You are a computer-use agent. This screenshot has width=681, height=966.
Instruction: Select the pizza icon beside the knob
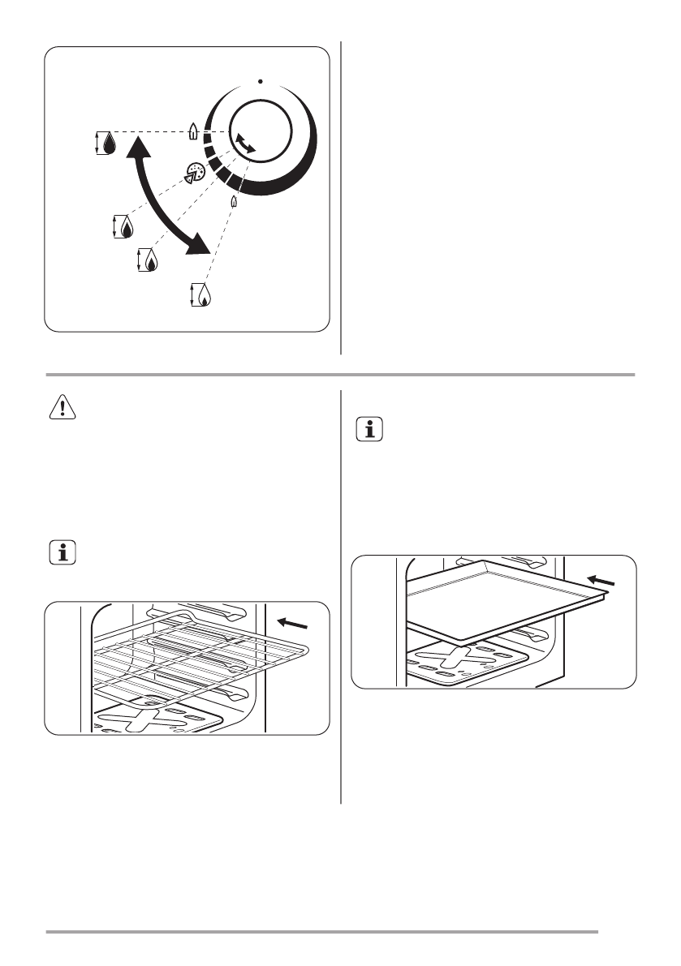[195, 171]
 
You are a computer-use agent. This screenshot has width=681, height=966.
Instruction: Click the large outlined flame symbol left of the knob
[192, 130]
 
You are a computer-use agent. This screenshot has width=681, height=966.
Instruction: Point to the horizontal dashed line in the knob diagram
[150, 131]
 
